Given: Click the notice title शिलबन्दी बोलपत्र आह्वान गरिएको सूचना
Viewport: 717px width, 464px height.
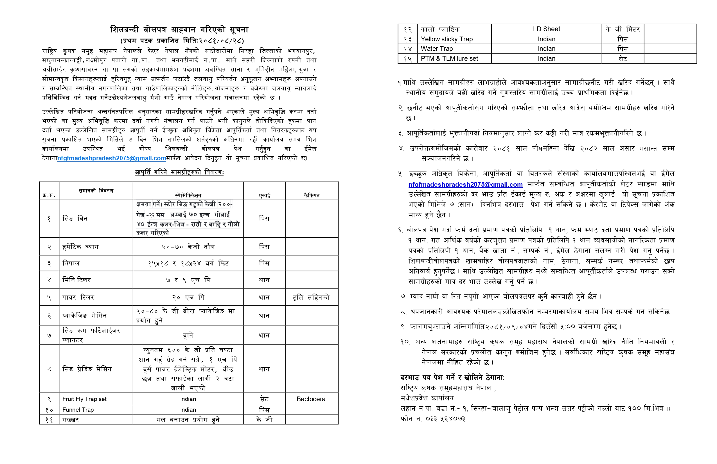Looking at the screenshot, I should (179, 30).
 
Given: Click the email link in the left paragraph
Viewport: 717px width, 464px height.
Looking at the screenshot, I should (111, 158).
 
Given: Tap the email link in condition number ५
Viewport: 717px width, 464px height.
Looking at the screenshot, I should (465, 184).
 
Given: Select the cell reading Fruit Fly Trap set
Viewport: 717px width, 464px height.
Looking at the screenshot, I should (84, 399).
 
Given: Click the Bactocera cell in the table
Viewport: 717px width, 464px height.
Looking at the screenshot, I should (311, 399).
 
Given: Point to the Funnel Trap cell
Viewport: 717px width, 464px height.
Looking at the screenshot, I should (78, 409).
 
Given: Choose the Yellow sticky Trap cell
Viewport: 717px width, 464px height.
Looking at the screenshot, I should (447, 39).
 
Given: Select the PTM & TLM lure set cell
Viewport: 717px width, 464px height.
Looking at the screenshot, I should (450, 58).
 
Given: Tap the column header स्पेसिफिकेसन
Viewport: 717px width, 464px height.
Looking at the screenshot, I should (188, 195).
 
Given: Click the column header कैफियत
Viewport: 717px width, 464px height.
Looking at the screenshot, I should (312, 195).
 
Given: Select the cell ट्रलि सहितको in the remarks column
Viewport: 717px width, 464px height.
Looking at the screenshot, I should (311, 298).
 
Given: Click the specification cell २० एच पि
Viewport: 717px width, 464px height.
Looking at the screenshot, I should (188, 298).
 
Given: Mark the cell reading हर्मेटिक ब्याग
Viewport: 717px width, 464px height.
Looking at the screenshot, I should (80, 247).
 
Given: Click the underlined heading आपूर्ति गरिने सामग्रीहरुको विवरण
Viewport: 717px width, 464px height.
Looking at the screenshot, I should (179, 172).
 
